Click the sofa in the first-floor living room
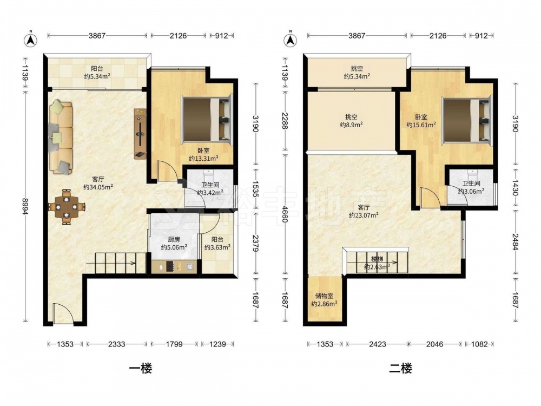point(61,136)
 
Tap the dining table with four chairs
point(67,207)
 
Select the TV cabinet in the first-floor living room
point(140,134)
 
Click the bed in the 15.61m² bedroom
point(466,119)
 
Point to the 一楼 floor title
point(141,368)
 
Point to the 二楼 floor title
point(400,368)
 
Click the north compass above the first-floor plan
point(31,39)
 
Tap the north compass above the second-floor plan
point(291,39)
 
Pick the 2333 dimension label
point(117,344)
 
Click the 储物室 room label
point(324,296)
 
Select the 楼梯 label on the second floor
point(377,259)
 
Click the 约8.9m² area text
point(351,125)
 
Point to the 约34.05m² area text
point(98,187)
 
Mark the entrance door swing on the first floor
point(62,313)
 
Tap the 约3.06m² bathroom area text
point(471,191)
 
